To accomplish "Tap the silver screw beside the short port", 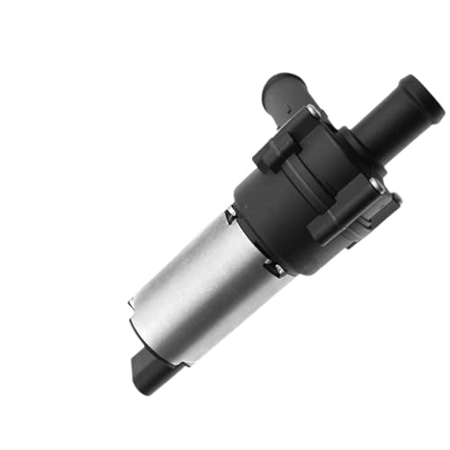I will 312,112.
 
